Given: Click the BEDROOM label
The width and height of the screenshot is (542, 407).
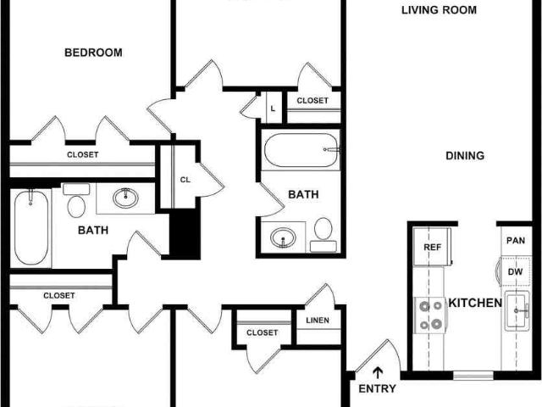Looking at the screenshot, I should [x=93, y=53].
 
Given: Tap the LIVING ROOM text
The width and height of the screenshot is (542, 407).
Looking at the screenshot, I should [x=439, y=11].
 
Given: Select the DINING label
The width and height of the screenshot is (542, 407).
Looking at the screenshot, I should [x=465, y=156].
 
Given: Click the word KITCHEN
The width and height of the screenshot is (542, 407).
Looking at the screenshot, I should [x=475, y=303].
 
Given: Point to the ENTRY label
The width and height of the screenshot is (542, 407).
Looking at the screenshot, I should [x=378, y=389].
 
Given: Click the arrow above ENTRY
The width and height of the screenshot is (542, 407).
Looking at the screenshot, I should [x=378, y=371].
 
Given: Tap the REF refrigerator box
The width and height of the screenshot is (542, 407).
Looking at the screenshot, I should [x=432, y=248].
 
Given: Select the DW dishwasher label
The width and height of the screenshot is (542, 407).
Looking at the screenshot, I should [x=515, y=272].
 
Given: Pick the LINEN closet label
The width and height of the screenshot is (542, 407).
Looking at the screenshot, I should [x=319, y=320].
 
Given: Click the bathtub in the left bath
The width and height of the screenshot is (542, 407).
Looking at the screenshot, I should [x=31, y=227].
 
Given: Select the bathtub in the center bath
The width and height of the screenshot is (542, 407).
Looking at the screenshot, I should [x=301, y=151].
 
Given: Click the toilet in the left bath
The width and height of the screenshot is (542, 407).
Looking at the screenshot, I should [x=76, y=203].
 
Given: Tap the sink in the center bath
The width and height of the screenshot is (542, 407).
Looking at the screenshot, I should [x=282, y=237].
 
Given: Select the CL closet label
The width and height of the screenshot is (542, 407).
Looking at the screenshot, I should [x=185, y=180].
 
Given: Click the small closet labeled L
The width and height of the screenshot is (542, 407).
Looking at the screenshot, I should [x=273, y=108].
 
